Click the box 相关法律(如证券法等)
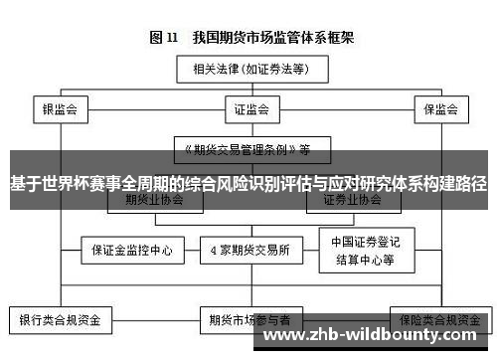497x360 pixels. click(245, 70)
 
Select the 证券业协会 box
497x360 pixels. click(352, 199)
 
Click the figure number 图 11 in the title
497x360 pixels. click(163, 38)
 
